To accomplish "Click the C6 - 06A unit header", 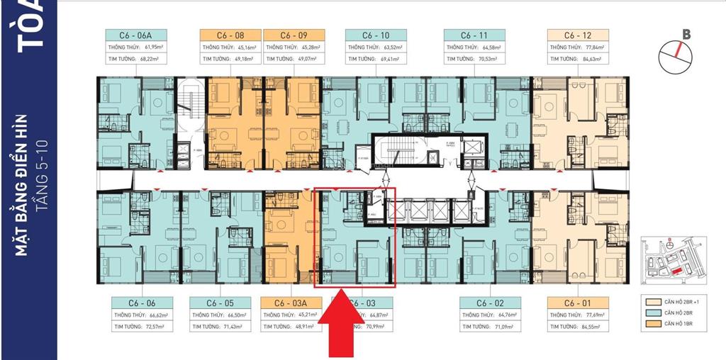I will point(136,35).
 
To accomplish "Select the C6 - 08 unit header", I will point(230,35).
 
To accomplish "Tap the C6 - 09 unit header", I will point(294,35).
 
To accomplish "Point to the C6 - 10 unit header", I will point(376,35).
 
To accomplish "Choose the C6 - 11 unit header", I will point(474,35).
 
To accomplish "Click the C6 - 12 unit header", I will point(579,35).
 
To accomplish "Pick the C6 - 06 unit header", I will point(143,302).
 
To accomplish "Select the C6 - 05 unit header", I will point(220,302).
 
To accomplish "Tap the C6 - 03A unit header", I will point(291,302).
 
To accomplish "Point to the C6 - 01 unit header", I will point(578,302).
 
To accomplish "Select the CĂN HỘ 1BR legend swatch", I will point(650,325).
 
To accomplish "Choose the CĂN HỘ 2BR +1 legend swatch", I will point(650,301).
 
